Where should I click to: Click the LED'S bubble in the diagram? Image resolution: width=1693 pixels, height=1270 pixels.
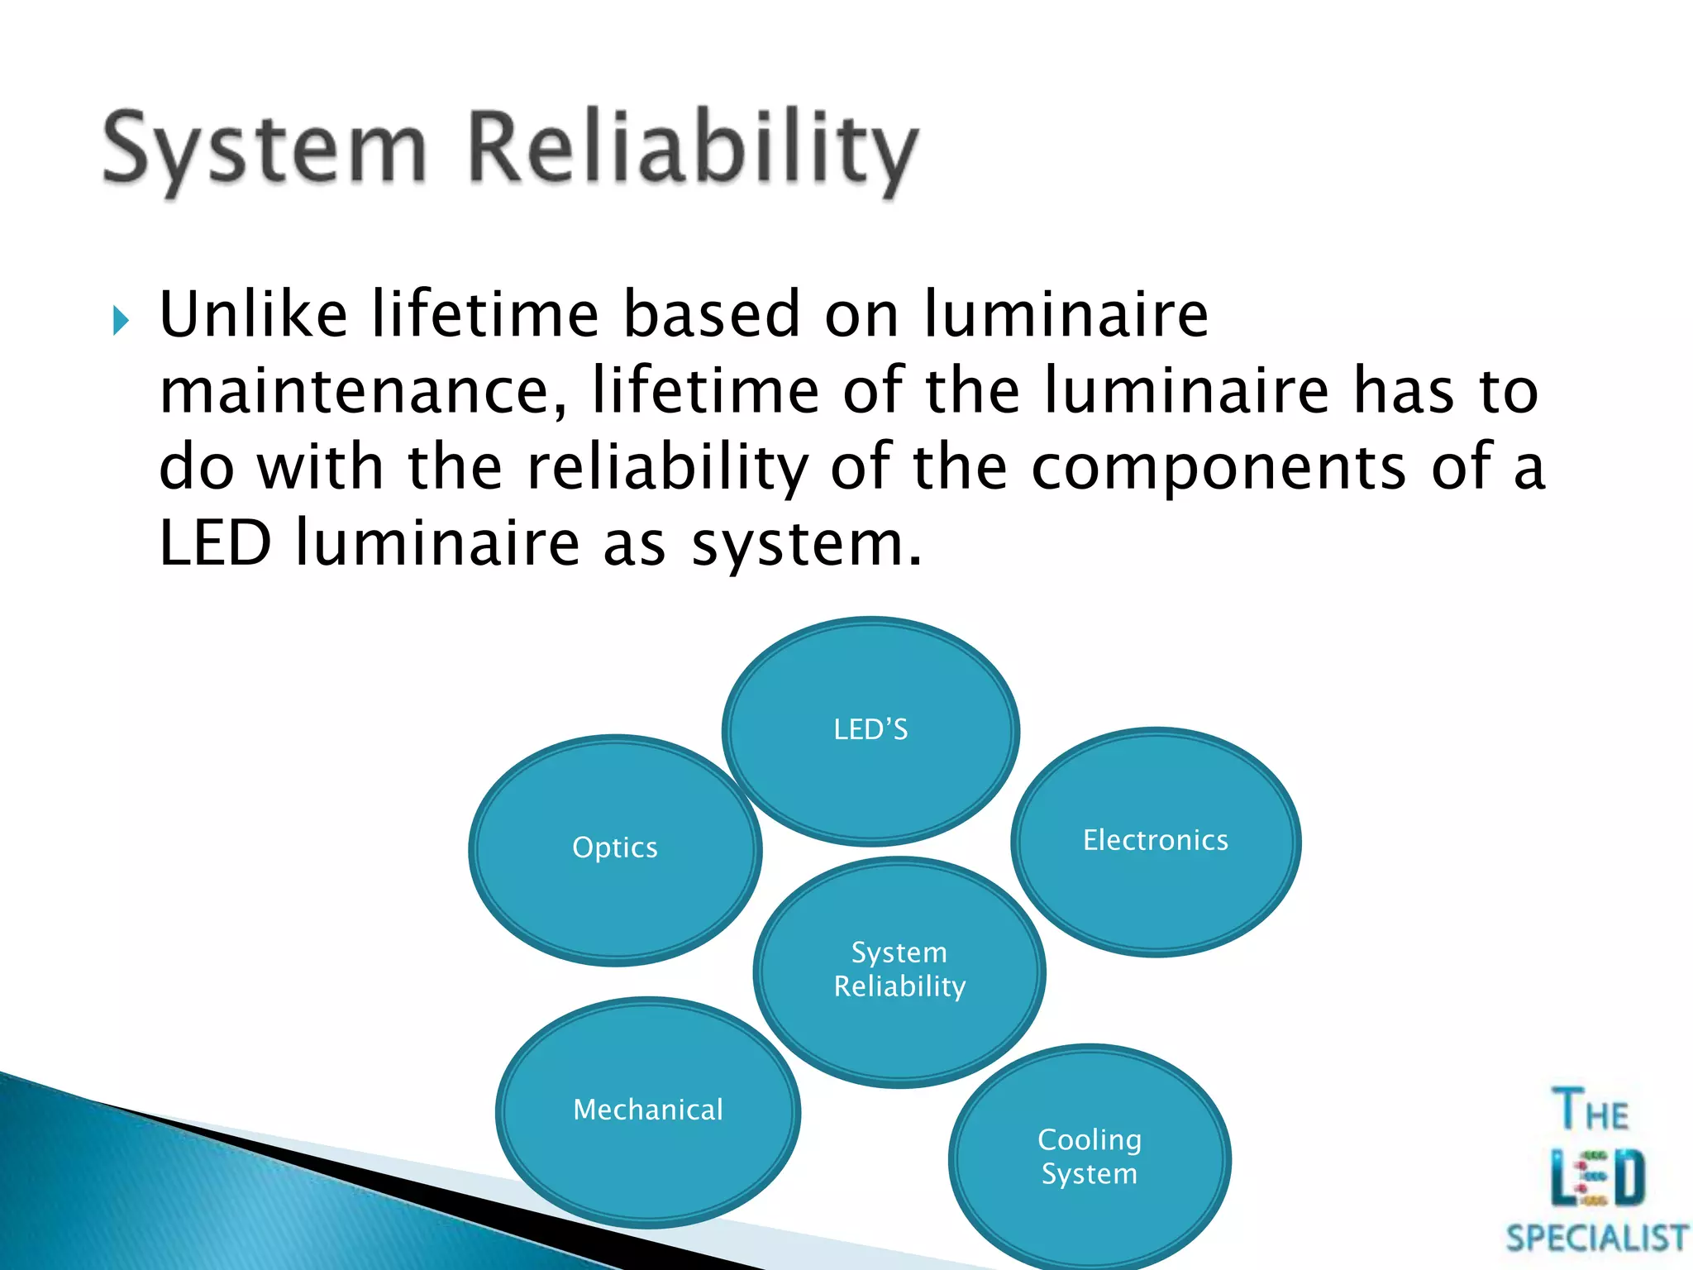pos(870,731)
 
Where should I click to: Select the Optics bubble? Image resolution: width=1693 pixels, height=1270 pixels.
pos(615,849)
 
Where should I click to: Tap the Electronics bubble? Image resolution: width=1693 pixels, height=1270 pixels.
pos(1156,842)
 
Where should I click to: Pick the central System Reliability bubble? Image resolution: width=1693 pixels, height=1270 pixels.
pos(899,971)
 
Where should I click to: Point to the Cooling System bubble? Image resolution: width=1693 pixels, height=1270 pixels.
pos(1090,1158)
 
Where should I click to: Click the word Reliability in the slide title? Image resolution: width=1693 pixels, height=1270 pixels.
pos(693,149)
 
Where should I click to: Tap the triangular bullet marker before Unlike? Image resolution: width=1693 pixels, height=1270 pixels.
pos(122,320)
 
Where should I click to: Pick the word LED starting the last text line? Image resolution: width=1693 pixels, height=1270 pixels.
pos(215,544)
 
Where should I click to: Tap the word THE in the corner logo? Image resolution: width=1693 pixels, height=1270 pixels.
pos(1590,1110)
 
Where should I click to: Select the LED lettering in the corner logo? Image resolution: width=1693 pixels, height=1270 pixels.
pos(1597,1177)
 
